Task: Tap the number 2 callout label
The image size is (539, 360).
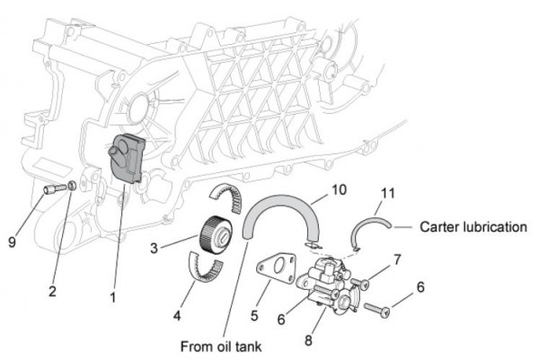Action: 52,289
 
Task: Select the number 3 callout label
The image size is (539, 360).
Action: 155,246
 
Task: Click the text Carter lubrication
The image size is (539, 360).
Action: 473,227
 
